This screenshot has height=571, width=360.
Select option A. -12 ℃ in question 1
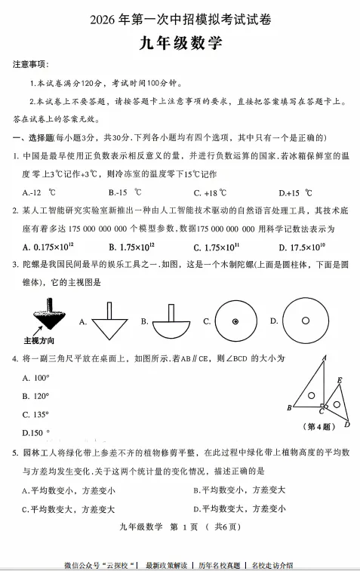point(38,192)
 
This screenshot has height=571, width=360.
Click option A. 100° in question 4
point(37,378)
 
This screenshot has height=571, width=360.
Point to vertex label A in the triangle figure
point(324,358)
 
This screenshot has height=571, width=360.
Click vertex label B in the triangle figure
point(289,408)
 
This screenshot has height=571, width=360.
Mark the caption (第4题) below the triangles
point(320,427)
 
